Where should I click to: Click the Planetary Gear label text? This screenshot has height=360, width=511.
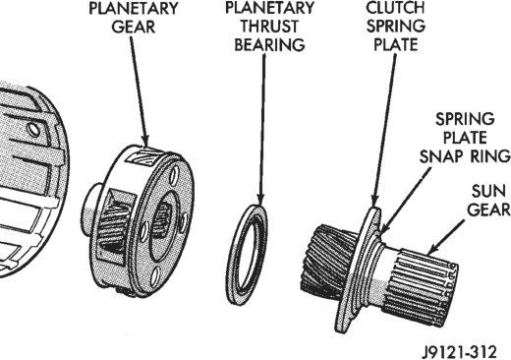(134, 18)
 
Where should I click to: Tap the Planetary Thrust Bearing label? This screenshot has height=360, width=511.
(269, 27)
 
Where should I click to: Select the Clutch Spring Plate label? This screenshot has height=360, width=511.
(395, 27)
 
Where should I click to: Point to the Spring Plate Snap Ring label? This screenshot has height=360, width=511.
(465, 138)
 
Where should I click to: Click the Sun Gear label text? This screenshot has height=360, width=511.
(488, 200)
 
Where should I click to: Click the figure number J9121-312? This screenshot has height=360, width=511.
(459, 352)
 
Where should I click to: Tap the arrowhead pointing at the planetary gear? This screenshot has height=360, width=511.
(144, 141)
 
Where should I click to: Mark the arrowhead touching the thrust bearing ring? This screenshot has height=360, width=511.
(260, 200)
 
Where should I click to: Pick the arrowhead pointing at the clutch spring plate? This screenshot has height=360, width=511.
(375, 201)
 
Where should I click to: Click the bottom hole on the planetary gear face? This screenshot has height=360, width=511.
(156, 276)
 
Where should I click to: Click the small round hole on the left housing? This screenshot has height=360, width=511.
(33, 130)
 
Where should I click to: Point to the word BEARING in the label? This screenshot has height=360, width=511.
(269, 44)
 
